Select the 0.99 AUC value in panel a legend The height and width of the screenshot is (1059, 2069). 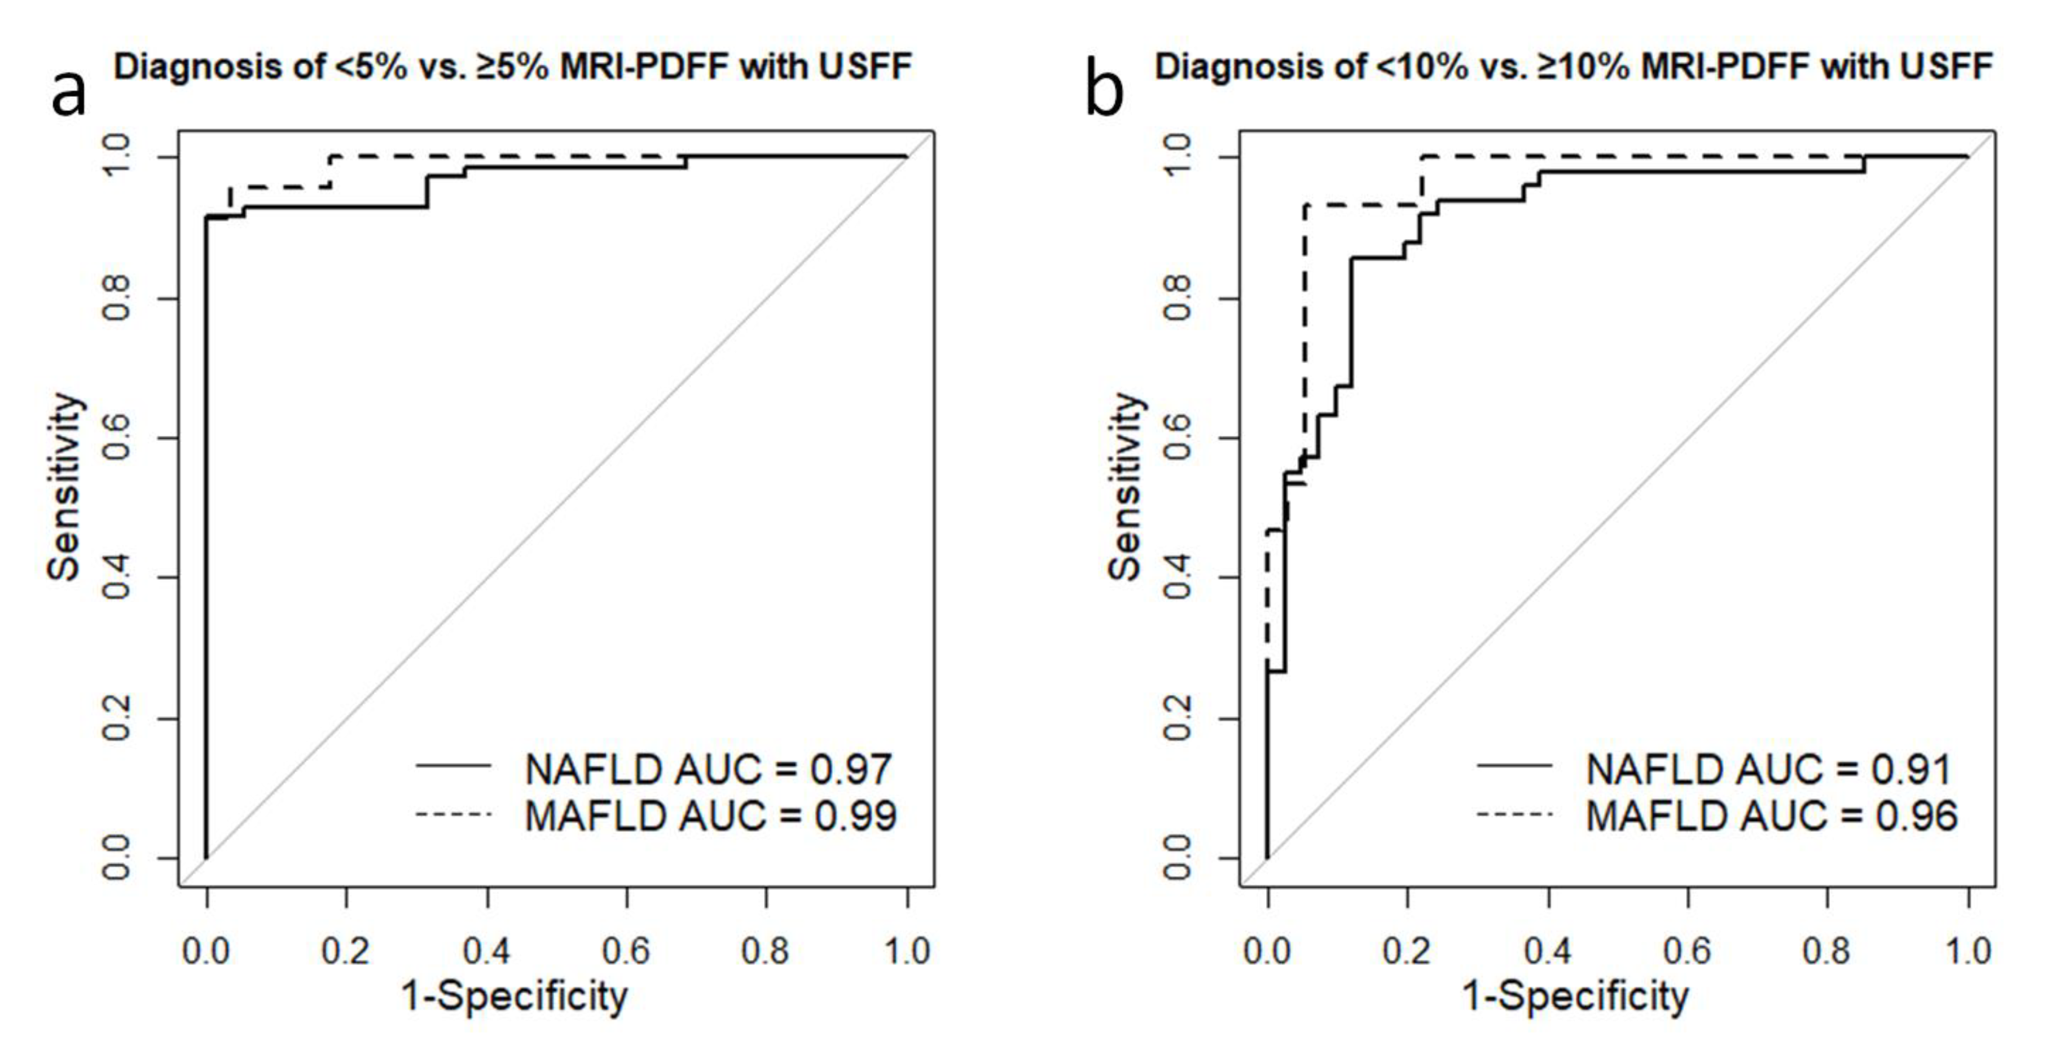(855, 816)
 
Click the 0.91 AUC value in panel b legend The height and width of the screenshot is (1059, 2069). (1912, 769)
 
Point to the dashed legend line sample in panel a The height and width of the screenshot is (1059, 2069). (453, 815)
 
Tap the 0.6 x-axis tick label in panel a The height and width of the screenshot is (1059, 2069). (626, 951)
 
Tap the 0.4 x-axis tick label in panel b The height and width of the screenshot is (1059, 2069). (1547, 951)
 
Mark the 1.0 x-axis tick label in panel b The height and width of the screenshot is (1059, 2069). (1968, 951)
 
